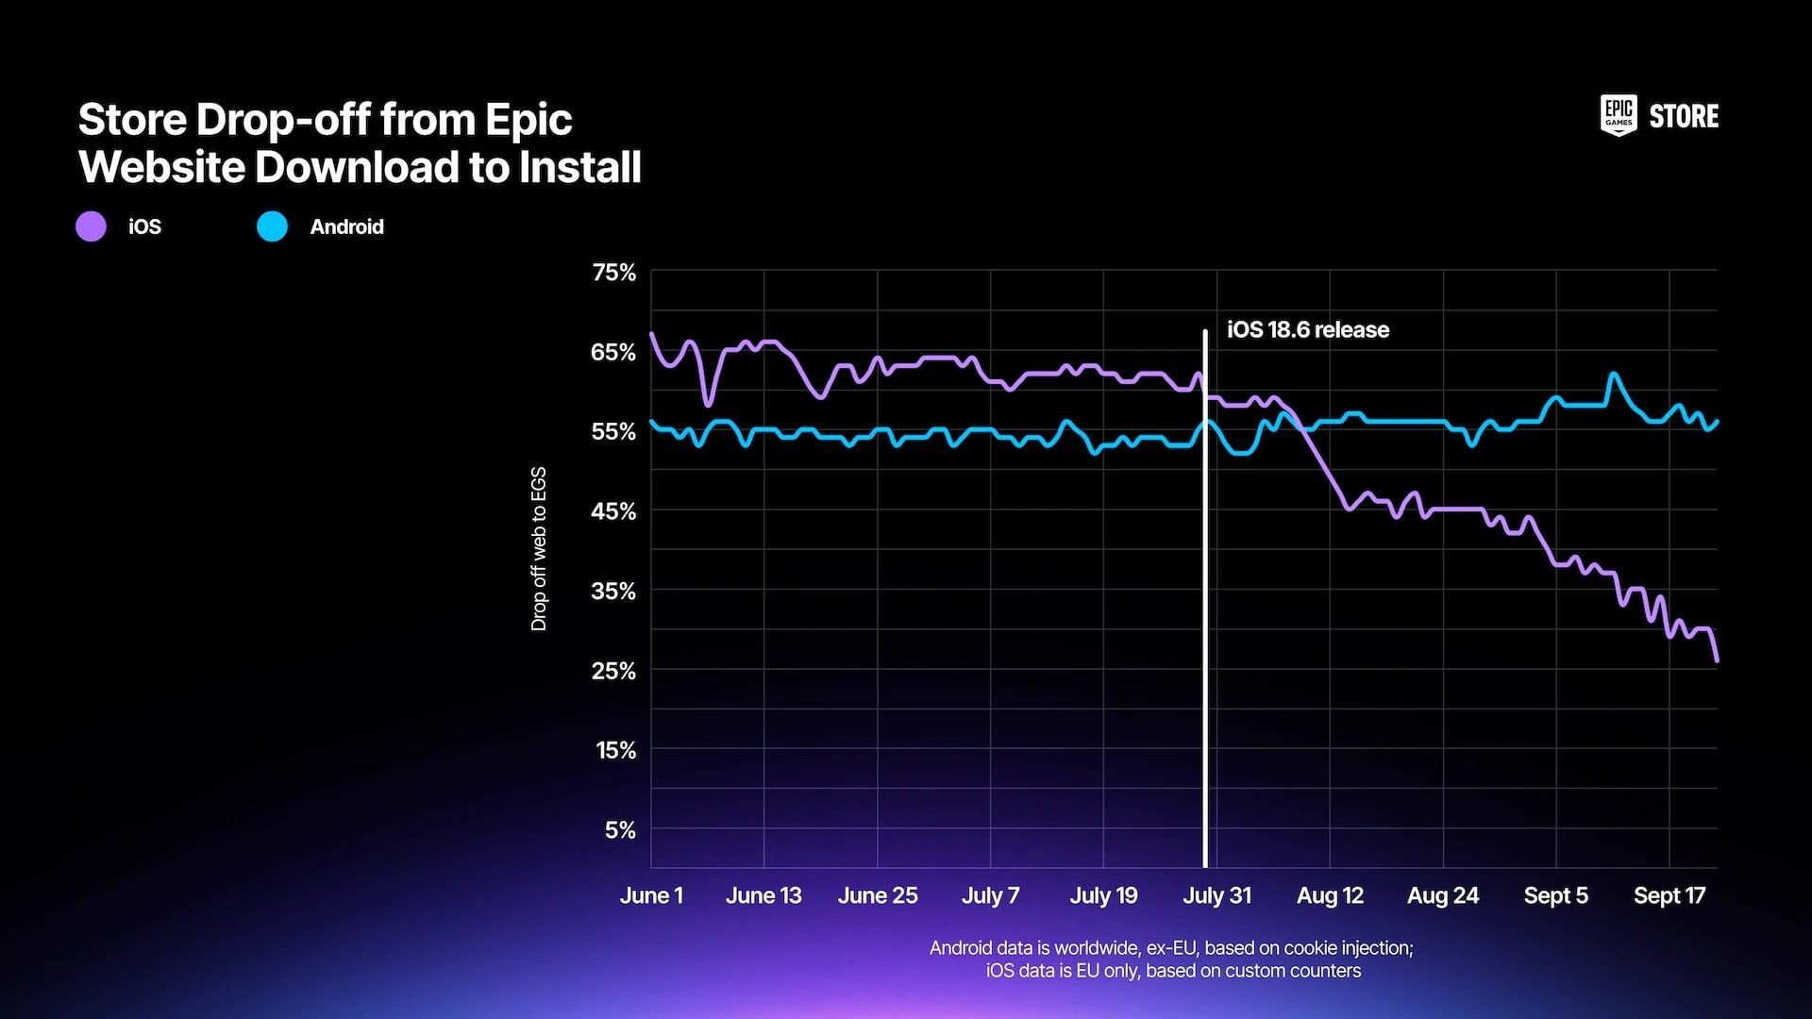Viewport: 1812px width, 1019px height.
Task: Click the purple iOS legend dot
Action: click(91, 226)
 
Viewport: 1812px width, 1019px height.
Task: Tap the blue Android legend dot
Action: click(272, 226)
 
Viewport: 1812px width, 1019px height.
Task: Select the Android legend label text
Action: click(346, 226)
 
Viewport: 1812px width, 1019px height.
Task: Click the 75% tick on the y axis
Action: click(613, 273)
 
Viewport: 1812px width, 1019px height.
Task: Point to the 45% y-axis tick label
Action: click(613, 511)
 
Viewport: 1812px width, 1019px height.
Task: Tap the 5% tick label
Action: click(620, 830)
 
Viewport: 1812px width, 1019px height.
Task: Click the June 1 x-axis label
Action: click(651, 895)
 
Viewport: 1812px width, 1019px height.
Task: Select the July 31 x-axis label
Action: click(1216, 895)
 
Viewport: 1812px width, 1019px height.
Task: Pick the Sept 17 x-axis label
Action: click(1669, 895)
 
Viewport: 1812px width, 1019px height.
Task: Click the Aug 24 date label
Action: click(1443, 895)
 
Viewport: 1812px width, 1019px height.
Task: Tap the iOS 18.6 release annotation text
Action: click(1307, 330)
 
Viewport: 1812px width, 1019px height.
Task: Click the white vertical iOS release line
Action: click(1205, 613)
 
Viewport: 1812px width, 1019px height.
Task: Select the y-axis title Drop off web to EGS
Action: click(539, 548)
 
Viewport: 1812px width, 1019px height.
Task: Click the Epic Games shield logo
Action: click(1619, 116)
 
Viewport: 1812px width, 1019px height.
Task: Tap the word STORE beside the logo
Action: click(1684, 117)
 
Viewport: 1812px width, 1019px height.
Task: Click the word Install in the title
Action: click(579, 167)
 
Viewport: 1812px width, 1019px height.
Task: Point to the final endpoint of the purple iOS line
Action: click(1716, 660)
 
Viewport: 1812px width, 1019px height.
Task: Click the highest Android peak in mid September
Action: click(1614, 375)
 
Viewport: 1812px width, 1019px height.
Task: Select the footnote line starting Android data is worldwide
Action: click(1171, 947)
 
